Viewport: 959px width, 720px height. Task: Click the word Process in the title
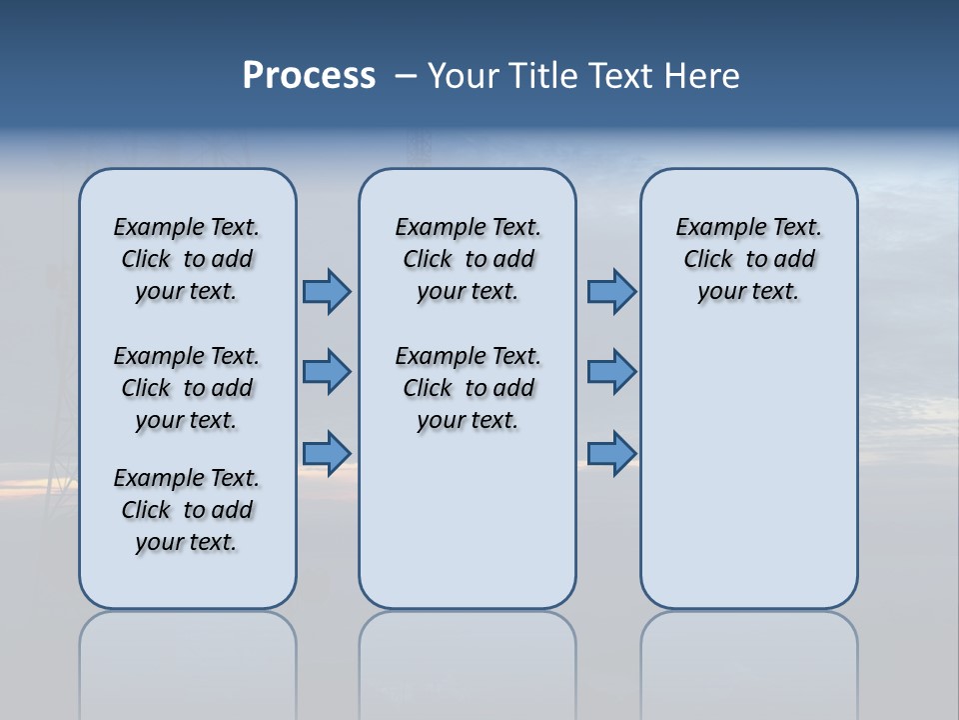[309, 75]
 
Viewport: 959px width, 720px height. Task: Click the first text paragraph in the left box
[187, 259]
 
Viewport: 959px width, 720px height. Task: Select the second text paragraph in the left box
[187, 388]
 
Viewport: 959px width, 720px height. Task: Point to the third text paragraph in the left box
[187, 510]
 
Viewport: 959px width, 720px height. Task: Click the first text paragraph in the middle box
[468, 259]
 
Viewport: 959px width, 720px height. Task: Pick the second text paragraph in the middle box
[468, 388]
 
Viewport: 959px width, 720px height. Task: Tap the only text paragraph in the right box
[749, 259]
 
